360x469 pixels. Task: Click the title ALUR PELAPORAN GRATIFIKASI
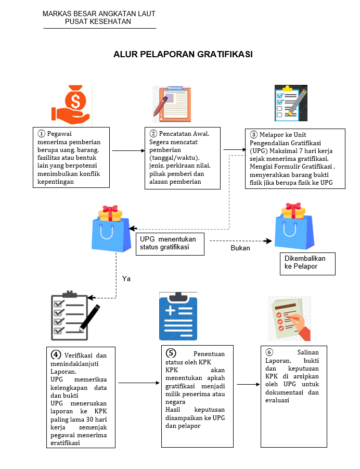click(183, 54)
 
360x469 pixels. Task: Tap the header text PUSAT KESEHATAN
click(99, 21)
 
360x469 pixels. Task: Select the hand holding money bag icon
click(72, 105)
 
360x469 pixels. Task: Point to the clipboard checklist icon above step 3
click(291, 103)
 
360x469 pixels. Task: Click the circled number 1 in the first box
click(42, 133)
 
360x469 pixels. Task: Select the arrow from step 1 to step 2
click(127, 150)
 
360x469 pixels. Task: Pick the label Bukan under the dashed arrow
click(240, 248)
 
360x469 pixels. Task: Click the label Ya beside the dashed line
click(126, 278)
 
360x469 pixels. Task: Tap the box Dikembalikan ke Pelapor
click(307, 263)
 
